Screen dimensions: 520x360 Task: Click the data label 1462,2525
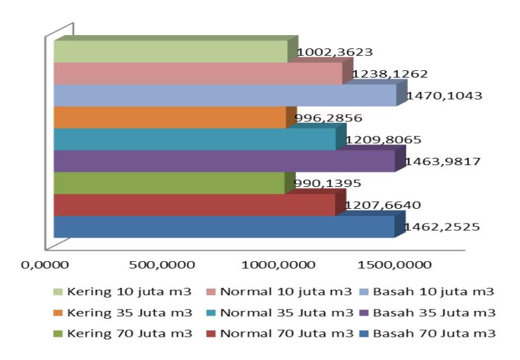coord(442,227)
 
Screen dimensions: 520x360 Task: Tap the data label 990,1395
coord(328,183)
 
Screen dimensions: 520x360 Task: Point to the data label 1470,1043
coord(444,95)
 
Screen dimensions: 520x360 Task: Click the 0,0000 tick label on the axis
coord(45,265)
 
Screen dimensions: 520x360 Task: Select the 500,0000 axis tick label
coord(162,265)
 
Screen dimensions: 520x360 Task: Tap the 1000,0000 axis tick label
coord(279,265)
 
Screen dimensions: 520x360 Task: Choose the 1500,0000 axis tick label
coord(395,265)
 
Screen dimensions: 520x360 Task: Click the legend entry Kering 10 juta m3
coord(123,292)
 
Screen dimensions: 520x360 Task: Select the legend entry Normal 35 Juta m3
coord(280,313)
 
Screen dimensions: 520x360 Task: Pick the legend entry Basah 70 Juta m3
coord(427,333)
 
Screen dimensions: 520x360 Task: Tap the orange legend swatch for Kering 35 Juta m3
coord(58,313)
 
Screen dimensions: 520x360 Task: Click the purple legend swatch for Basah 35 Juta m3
coord(363,313)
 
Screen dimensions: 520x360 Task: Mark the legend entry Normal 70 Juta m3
coord(280,333)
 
